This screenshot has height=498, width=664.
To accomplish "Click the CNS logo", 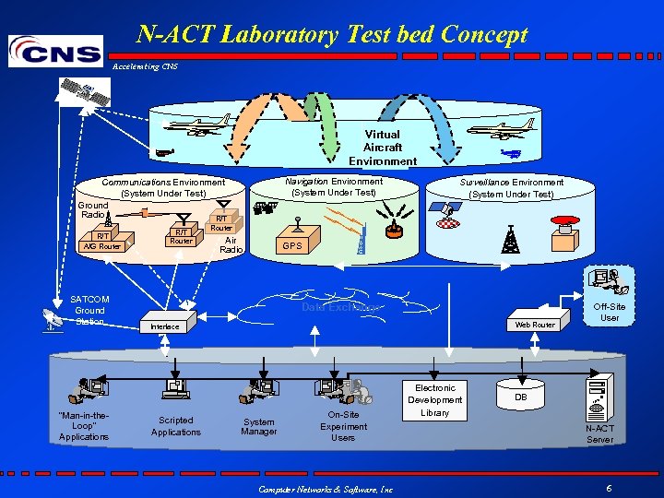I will coord(55,50).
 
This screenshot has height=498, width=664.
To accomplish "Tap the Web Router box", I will coord(535,325).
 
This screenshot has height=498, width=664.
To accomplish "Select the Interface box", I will coord(165,326).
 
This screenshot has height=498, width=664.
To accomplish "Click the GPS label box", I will coord(292,246).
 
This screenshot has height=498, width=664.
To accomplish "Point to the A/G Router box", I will coord(101,246).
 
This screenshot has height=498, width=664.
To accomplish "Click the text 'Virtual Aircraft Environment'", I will coord(383,148).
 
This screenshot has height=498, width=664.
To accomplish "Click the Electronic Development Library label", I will coord(435,400).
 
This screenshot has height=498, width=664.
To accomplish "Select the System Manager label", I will coord(259,427).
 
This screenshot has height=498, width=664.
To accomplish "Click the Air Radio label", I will coord(231,244).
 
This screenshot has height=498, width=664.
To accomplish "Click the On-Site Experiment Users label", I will coord(343,426).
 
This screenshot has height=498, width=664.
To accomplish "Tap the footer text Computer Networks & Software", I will coord(325,489).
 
